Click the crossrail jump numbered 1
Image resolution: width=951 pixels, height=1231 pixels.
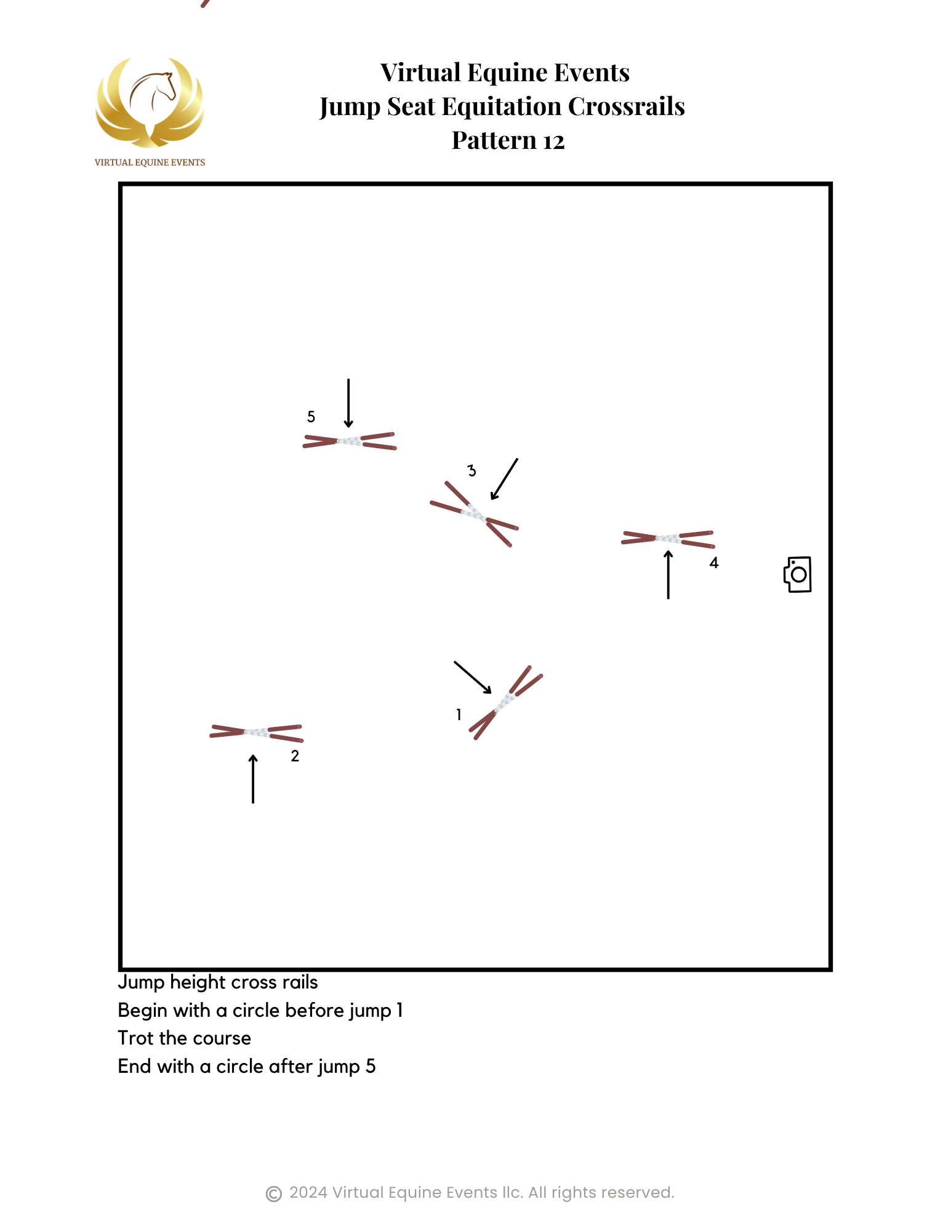click(506, 702)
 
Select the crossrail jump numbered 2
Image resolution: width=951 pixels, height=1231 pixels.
click(256, 732)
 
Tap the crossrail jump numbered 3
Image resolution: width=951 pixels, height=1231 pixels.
click(474, 514)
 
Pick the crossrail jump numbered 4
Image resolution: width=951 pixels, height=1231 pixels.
click(668, 539)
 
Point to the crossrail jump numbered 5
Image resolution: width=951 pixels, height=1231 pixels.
click(349, 441)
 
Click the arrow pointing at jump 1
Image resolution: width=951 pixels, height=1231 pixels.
click(473, 678)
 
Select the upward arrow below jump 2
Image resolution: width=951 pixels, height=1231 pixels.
click(253, 779)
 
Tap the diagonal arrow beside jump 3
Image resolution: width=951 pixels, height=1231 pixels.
click(504, 479)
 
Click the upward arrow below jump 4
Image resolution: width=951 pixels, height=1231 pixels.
click(668, 575)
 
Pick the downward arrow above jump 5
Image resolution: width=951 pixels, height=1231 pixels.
click(348, 403)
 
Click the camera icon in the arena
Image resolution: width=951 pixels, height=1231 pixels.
click(798, 575)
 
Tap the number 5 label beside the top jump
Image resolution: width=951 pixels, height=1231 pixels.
click(311, 417)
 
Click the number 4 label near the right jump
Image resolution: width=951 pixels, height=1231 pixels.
click(714, 563)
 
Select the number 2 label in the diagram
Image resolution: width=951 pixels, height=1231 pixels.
click(295, 756)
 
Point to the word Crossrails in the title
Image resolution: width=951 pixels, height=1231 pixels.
click(627, 106)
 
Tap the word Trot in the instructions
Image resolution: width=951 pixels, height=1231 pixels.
click(136, 1038)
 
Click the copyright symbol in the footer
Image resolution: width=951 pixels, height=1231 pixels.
click(274, 1194)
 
